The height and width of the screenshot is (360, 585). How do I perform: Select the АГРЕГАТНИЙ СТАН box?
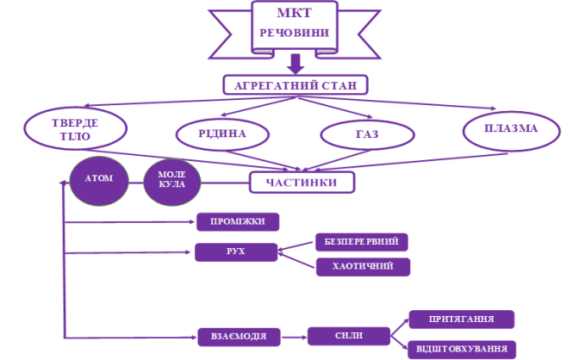pyautogui.click(x=296, y=84)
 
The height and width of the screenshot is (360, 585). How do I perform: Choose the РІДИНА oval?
pyautogui.click(x=222, y=133)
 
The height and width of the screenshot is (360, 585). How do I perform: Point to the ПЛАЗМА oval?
pyautogui.click(x=511, y=129)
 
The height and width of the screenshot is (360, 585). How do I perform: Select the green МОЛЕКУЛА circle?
pyautogui.click(x=171, y=182)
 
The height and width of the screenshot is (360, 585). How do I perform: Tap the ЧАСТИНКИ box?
pyautogui.click(x=302, y=183)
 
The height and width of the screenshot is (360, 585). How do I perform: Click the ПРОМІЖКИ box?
pyautogui.click(x=239, y=222)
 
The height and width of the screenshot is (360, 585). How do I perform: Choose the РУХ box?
pyautogui.click(x=237, y=251)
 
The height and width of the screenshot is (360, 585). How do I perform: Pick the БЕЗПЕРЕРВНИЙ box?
pyautogui.click(x=361, y=242)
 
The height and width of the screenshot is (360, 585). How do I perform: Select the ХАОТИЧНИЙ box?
pyautogui.click(x=362, y=266)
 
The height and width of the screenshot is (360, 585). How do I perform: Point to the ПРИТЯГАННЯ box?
pyautogui.click(x=461, y=320)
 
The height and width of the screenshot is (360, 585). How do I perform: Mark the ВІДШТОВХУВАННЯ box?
pyautogui.click(x=461, y=350)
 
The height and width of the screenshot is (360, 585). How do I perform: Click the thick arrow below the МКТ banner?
pyautogui.click(x=296, y=63)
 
